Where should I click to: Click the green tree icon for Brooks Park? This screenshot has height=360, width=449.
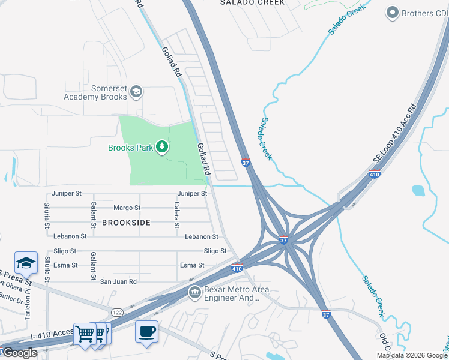pos(161,147)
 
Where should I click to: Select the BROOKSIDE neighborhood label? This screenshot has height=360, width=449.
pos(126,222)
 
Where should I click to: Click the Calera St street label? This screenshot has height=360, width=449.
pos(176,215)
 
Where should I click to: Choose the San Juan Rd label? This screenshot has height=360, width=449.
pos(118,281)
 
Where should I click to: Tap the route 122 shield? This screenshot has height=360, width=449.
pos(117,311)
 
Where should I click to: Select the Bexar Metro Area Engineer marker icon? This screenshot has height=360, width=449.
pos(194,293)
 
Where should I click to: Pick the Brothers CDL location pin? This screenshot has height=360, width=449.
pos(393,13)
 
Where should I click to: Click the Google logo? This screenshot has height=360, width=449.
pos(19,353)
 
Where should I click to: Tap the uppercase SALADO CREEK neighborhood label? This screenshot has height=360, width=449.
pos(252,2)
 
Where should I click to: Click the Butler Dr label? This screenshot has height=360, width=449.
pos(10,299)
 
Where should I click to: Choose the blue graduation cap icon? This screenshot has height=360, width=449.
pos(26,263)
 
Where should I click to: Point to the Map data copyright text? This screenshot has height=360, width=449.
pos(412,355)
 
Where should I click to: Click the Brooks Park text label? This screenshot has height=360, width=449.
pos(130,148)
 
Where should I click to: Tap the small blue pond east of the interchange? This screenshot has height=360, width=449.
pos(418,191)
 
